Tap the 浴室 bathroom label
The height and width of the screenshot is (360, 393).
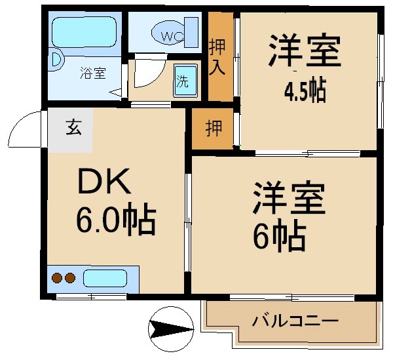[93, 73]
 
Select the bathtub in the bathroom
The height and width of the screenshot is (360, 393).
[84, 31]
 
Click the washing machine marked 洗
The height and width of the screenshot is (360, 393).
[185, 81]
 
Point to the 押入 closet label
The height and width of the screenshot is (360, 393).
[217, 57]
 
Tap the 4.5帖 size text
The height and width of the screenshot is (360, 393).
[305, 90]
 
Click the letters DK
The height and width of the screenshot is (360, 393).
[104, 181]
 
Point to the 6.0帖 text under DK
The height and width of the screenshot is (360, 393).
[117, 220]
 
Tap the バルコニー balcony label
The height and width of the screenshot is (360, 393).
[295, 321]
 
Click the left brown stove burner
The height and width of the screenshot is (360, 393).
[57, 278]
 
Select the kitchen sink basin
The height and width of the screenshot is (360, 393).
[105, 279]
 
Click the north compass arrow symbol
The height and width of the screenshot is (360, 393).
[171, 329]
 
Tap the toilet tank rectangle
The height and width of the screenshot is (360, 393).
[192, 32]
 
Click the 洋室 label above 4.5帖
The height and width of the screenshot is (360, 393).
[305, 51]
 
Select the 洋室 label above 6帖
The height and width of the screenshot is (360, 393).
[290, 197]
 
